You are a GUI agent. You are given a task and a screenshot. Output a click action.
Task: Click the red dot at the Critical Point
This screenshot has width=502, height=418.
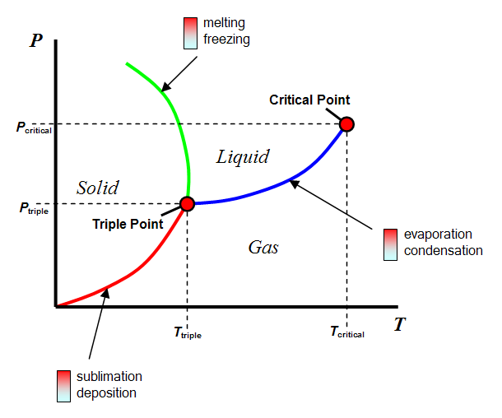pyautogui.click(x=346, y=124)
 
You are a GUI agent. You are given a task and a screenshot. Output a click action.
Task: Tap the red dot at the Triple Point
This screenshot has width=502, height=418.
pyautogui.click(x=187, y=203)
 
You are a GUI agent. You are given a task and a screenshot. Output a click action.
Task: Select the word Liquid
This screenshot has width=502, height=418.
pyautogui.click(x=243, y=156)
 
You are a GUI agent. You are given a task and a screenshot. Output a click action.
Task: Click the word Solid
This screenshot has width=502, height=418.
pyautogui.click(x=98, y=188)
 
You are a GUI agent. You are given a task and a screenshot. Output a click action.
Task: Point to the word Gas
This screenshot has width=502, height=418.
pyautogui.click(x=263, y=247)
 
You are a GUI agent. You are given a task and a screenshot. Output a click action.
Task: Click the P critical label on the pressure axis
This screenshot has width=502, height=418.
pyautogui.click(x=33, y=128)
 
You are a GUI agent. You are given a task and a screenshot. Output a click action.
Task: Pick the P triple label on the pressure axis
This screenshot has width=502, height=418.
pyautogui.click(x=33, y=209)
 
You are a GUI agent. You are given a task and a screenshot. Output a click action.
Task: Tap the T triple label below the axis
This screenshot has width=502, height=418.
pyautogui.click(x=187, y=333)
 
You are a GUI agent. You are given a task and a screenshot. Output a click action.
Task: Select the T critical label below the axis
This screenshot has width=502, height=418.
pyautogui.click(x=346, y=332)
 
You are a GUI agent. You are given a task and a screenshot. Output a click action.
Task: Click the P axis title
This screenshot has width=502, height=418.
pyautogui.click(x=35, y=40)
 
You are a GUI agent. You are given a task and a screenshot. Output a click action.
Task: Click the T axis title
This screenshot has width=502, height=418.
pyautogui.click(x=399, y=324)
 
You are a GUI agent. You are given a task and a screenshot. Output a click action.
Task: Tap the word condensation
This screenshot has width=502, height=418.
pyautogui.click(x=444, y=250)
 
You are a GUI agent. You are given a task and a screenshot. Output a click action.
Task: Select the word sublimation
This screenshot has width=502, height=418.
pyautogui.click(x=109, y=377)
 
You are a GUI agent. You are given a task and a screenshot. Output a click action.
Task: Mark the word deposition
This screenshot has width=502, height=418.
pyautogui.click(x=106, y=392)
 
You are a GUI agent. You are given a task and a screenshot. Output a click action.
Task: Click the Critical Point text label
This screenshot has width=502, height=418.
pyautogui.click(x=309, y=100)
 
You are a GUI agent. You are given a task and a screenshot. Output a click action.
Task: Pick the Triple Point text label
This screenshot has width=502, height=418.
pyautogui.click(x=127, y=223)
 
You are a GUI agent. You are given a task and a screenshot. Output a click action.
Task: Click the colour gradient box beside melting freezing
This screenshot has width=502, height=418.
pyautogui.click(x=190, y=31)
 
